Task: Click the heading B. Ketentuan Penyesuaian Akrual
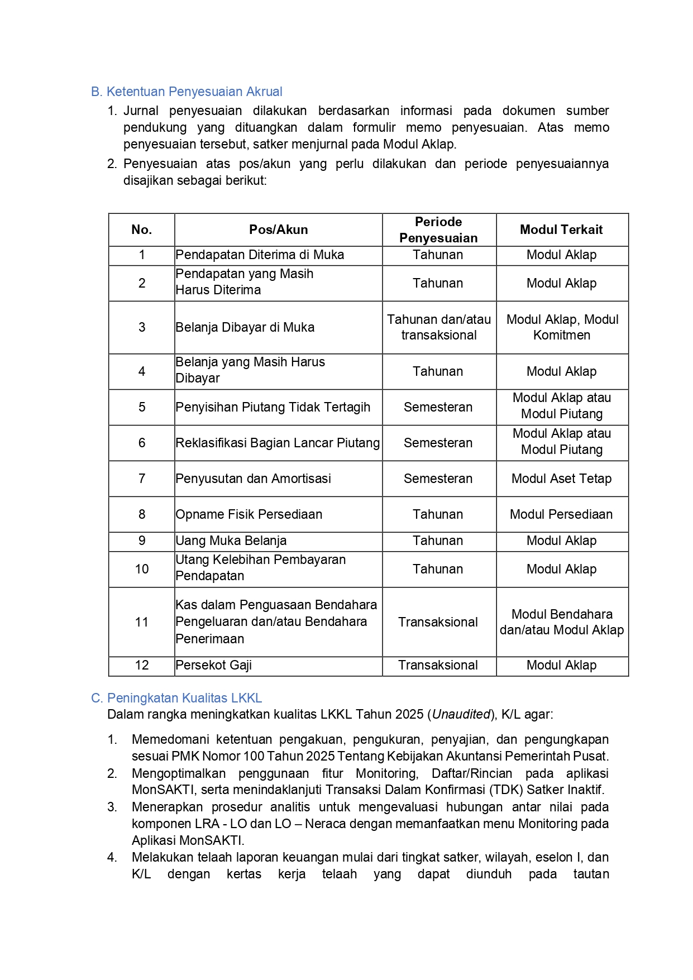tap(187, 92)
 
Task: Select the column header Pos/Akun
tap(278, 230)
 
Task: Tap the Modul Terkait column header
tap(561, 230)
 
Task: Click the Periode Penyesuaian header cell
tap(438, 230)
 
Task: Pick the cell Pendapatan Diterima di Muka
tap(260, 255)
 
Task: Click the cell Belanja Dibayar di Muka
tap(245, 327)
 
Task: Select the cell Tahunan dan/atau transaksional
tap(439, 327)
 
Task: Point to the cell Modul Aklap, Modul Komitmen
tap(562, 327)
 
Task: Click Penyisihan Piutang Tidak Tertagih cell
tap(273, 407)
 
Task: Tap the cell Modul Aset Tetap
tap(561, 479)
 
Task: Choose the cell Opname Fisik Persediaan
tap(249, 514)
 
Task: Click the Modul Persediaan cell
tap(561, 514)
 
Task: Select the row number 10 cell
tap(142, 569)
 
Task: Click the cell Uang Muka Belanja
tap(231, 541)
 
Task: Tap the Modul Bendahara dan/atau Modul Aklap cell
tap(562, 622)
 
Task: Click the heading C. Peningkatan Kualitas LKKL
tap(176, 698)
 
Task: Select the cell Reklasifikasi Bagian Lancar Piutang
tap(278, 443)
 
